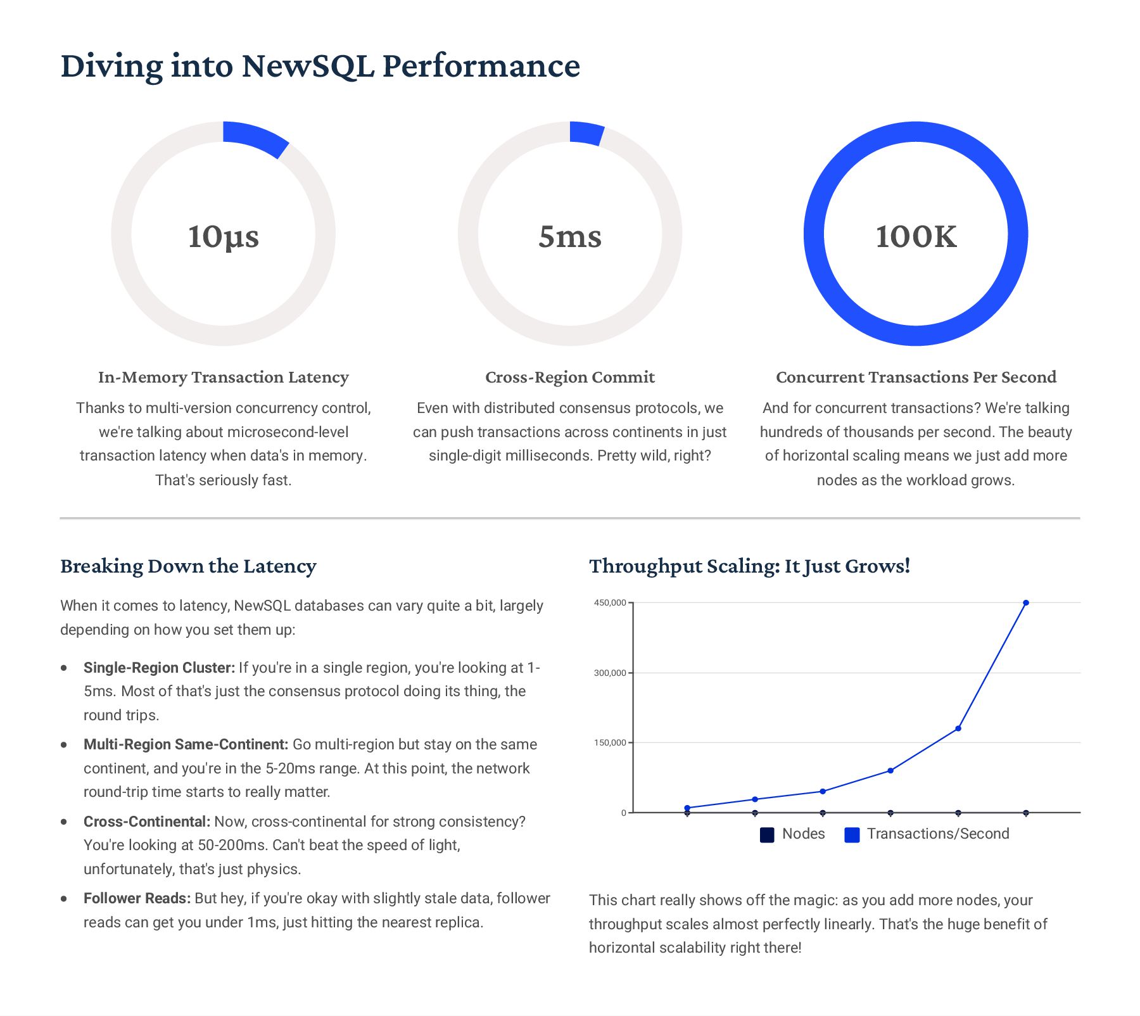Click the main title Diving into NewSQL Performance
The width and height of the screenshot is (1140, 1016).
coord(320,66)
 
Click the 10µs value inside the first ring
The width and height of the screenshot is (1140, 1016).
coord(223,236)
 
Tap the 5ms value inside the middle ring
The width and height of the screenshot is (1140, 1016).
coord(569,236)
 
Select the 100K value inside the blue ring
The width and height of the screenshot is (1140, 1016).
coord(916,236)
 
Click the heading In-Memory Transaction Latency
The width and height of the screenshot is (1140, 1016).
coord(223,378)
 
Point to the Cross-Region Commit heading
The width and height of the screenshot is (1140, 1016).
coord(569,378)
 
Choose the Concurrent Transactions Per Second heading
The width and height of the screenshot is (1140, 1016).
coord(916,378)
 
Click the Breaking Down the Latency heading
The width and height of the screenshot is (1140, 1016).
coord(188,566)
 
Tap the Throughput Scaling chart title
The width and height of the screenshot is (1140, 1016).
coord(749,566)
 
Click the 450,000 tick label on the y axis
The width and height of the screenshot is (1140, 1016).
coord(609,603)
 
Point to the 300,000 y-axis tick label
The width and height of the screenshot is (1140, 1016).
coord(609,673)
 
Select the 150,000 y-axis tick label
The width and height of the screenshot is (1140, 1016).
coord(609,742)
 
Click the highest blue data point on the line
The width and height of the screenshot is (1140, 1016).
coord(1026,603)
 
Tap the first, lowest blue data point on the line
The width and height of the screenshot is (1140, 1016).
coord(687,808)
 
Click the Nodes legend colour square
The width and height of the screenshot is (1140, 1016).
coord(767,835)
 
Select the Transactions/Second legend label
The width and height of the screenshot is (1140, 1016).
coord(938,834)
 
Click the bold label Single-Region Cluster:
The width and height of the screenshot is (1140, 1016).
coord(159,668)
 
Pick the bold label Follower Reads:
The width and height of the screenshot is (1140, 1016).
coord(137,898)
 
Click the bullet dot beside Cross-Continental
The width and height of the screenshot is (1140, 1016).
coord(64,822)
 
